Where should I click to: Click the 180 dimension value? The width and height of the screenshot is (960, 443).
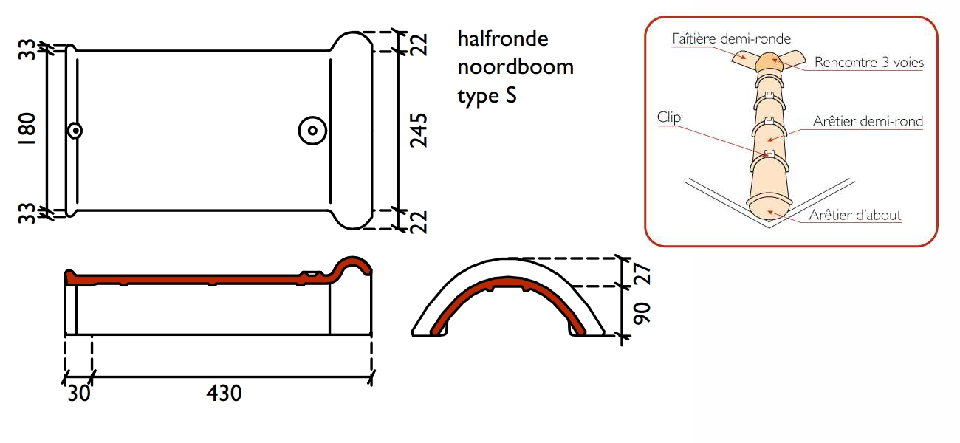coord(27,130)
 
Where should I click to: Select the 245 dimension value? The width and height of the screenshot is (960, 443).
coord(419,130)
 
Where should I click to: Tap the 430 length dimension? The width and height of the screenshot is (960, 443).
coord(224,393)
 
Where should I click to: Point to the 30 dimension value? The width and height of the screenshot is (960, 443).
coord(79,393)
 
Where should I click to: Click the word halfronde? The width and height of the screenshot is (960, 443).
coord(503,38)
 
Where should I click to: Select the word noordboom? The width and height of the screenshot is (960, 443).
coord(515,66)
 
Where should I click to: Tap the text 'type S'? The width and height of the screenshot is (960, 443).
coord(487,96)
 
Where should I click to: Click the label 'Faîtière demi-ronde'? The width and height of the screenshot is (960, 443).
coord(731,38)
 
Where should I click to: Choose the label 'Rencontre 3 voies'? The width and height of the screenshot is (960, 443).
coord(868,63)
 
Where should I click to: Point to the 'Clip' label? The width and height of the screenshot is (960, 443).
coord(668,117)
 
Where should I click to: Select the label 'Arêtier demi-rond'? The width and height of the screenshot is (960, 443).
coord(868,121)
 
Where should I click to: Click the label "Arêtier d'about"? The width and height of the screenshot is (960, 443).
coord(854,215)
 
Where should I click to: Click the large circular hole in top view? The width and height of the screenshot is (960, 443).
coord(312,131)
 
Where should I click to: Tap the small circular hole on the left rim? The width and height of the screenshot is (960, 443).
coord(75,131)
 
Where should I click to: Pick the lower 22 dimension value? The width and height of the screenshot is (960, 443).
coord(419,221)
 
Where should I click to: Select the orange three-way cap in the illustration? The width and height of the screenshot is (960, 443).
coord(767,63)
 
